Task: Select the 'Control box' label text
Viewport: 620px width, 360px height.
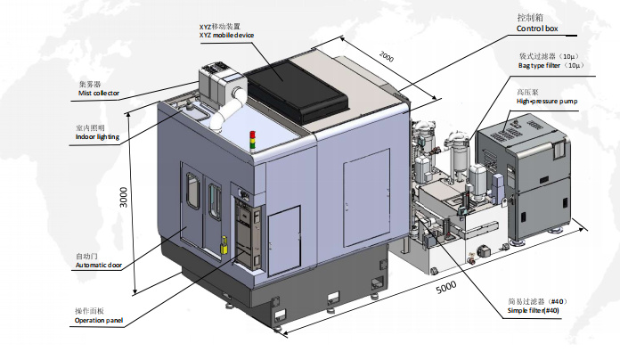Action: (x=537, y=29)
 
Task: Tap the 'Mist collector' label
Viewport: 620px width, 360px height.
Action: (x=99, y=93)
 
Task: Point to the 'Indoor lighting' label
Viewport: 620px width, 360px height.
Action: (x=97, y=137)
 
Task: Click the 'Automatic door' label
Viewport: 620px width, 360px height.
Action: (x=97, y=266)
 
